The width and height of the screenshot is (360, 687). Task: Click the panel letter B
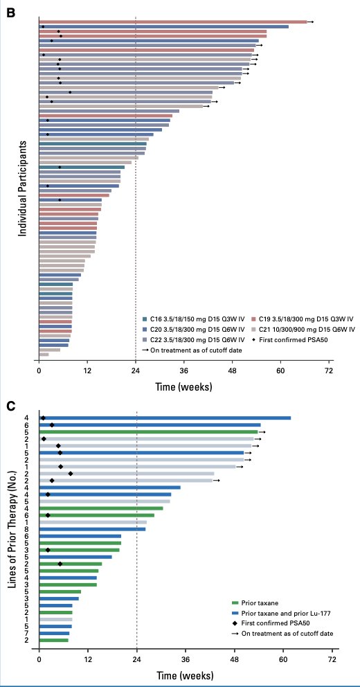tap(11, 12)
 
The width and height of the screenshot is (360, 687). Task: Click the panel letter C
tap(11, 406)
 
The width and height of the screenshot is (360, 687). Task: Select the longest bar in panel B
tap(173, 22)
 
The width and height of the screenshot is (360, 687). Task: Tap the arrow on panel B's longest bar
tap(311, 22)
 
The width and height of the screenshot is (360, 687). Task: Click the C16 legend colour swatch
tap(145, 319)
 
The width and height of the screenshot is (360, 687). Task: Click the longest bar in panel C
tap(165, 418)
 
